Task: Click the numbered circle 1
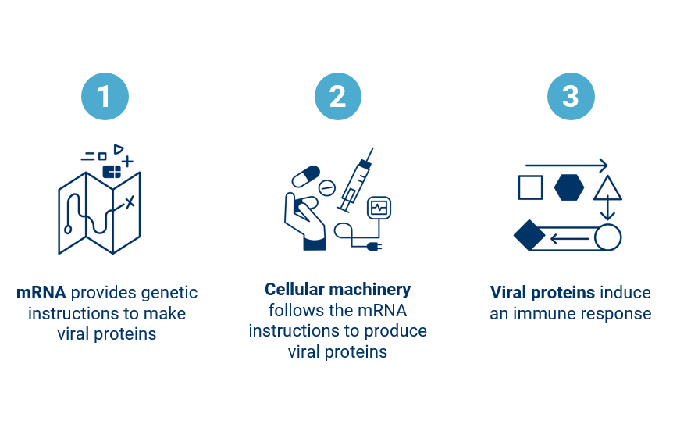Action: [x=105, y=97]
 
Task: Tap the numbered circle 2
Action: [x=337, y=97]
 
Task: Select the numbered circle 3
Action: [x=571, y=97]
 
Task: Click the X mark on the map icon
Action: [x=130, y=202]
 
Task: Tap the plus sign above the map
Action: [x=127, y=162]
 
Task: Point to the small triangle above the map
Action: [x=118, y=149]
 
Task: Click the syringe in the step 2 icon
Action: [x=356, y=180]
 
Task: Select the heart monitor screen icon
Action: [x=379, y=207]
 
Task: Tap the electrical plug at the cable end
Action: [x=373, y=247]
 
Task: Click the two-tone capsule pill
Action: [x=305, y=176]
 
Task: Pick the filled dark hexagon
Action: [x=568, y=187]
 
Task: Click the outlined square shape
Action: [x=530, y=187]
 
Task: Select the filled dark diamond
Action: [x=529, y=235]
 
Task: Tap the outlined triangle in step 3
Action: [x=607, y=189]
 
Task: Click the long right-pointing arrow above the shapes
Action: [x=566, y=166]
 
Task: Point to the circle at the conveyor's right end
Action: [x=607, y=237]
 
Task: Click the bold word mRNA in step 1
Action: [x=41, y=293]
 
